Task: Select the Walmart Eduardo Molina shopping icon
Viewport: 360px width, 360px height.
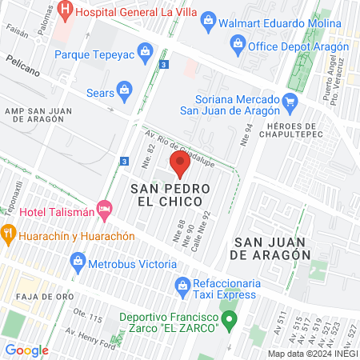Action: click(x=209, y=19)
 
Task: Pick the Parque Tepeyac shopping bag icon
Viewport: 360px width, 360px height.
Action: click(x=146, y=55)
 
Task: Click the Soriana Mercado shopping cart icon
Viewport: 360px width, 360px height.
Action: click(x=290, y=102)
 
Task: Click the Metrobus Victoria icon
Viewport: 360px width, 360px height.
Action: click(x=78, y=260)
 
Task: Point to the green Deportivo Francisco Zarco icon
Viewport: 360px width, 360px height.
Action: click(x=230, y=323)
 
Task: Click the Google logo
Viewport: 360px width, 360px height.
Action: click(x=26, y=350)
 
